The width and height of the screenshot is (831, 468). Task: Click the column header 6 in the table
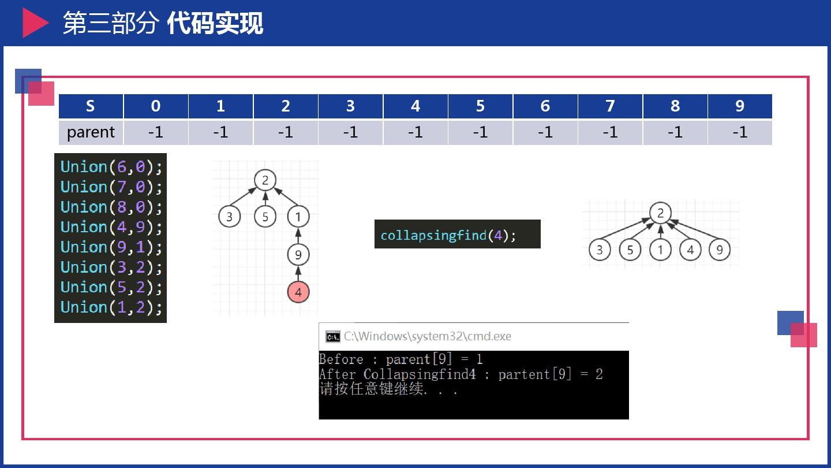545,106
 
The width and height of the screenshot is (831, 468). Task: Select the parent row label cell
91,132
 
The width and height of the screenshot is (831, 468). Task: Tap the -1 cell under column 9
740,132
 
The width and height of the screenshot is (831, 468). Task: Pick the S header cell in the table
91,106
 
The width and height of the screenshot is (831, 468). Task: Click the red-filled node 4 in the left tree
298,292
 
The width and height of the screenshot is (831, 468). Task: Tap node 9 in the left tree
298,254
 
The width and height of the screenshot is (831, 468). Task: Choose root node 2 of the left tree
265,180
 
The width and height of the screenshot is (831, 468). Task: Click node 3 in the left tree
229,217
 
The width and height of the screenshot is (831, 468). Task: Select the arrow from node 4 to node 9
298,273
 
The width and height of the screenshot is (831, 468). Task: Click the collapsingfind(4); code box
457,234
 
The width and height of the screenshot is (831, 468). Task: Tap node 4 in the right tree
690,250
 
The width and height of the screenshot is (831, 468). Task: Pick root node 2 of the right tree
660,213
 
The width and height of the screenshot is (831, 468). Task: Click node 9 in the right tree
720,250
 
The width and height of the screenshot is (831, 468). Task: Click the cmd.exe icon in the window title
332,336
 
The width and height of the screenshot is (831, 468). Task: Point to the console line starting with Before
400,359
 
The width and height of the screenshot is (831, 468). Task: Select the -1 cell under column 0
156,132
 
